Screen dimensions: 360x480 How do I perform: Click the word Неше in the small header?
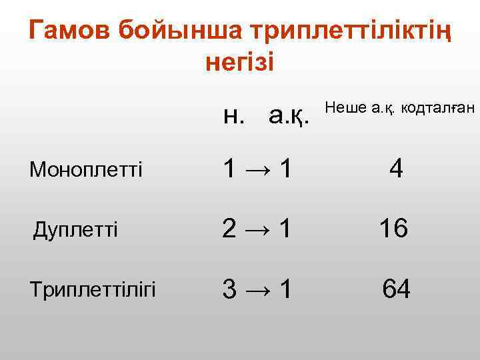[x=346, y=107]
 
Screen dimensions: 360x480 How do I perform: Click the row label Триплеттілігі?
[x=93, y=290]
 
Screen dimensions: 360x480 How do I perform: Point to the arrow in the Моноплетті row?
[x=257, y=169]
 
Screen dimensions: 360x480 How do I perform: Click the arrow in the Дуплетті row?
[x=257, y=230]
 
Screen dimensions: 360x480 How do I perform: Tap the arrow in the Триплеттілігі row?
[x=257, y=290]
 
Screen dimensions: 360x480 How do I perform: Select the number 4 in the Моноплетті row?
[x=396, y=169]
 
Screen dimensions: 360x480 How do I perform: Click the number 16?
[x=393, y=230]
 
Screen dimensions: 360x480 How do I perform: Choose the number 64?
[x=396, y=290]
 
